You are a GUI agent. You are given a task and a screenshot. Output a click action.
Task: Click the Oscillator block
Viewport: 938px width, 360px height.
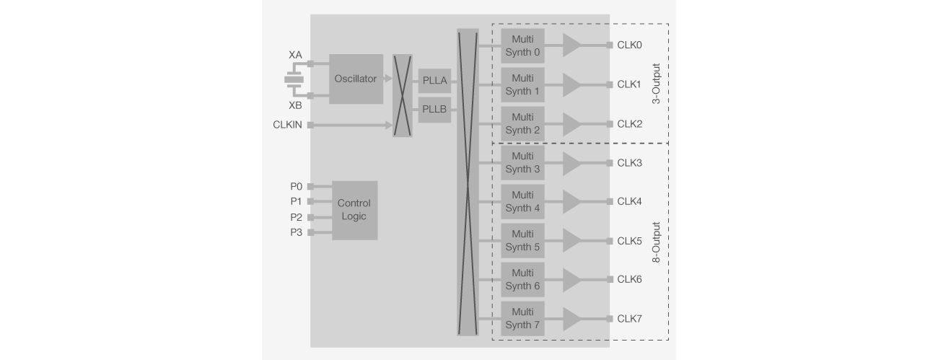click(x=356, y=79)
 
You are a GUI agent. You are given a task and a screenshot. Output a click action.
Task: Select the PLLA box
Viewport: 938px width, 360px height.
click(x=434, y=79)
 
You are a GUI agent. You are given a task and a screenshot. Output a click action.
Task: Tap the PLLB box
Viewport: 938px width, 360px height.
click(x=434, y=110)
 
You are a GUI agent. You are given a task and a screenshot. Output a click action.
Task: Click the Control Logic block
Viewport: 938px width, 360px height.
click(x=354, y=210)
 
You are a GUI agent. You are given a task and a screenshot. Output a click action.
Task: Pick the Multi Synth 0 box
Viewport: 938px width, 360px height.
click(x=522, y=45)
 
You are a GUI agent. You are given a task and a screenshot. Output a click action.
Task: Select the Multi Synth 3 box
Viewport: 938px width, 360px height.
click(x=522, y=163)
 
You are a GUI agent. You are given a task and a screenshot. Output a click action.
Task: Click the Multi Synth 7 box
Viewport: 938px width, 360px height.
click(x=522, y=318)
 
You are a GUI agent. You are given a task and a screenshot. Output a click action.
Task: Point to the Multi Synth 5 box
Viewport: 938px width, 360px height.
click(x=522, y=241)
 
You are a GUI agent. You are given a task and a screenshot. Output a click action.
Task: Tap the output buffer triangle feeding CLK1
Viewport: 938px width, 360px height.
click(x=571, y=84)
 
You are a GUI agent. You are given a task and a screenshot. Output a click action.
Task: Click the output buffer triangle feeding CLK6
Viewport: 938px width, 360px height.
click(x=571, y=279)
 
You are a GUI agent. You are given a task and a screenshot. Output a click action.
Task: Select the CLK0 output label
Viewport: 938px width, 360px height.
click(x=629, y=45)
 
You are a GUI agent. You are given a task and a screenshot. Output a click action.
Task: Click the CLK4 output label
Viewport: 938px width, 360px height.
click(x=629, y=201)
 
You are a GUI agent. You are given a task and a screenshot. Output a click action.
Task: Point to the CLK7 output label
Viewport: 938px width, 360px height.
click(x=629, y=318)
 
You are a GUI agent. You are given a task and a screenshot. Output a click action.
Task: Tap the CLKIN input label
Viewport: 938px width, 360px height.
click(x=287, y=125)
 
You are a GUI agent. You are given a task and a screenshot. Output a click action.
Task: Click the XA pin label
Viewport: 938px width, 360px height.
click(x=295, y=55)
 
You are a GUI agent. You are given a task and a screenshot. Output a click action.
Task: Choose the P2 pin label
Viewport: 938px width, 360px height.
click(x=296, y=217)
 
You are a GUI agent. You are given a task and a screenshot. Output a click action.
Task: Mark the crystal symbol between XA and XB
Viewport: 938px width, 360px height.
click(x=294, y=79)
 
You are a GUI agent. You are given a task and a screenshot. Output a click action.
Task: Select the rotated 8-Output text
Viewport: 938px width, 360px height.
click(x=657, y=241)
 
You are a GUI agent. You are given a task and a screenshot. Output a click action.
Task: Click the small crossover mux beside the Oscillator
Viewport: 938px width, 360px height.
click(x=402, y=95)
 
